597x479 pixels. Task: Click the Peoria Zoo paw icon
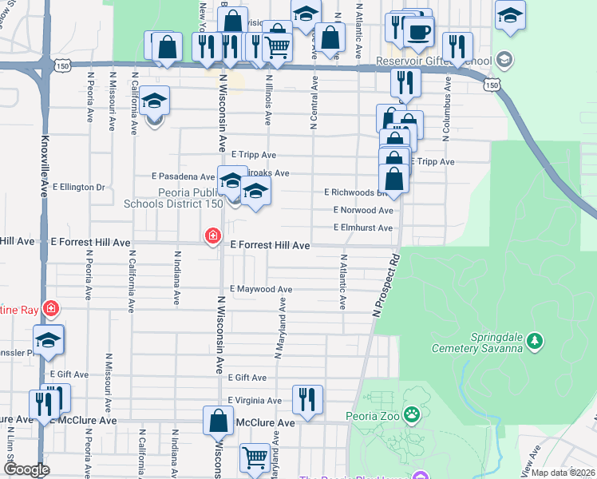click(x=412, y=414)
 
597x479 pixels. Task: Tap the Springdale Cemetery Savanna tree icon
click(x=536, y=342)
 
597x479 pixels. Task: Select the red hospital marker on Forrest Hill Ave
click(x=212, y=236)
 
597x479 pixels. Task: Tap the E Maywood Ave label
click(x=261, y=289)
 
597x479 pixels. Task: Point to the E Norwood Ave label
click(x=363, y=211)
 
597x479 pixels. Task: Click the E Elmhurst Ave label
click(x=363, y=228)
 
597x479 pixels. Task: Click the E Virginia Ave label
click(x=255, y=400)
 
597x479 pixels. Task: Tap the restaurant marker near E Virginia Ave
click(x=306, y=398)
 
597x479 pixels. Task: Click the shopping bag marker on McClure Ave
click(x=218, y=419)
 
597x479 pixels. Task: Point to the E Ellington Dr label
click(x=79, y=187)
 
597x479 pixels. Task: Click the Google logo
click(x=26, y=469)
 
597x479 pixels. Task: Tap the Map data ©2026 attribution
click(x=563, y=473)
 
